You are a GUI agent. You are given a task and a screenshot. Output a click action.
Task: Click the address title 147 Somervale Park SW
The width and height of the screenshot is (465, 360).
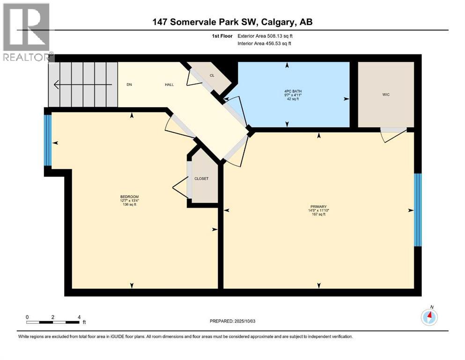[x=232, y=22]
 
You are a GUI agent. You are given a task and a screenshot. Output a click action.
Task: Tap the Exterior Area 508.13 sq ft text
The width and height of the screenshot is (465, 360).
[x=267, y=36]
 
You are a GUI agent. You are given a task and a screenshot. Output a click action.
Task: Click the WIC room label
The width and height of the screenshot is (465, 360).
[x=386, y=95]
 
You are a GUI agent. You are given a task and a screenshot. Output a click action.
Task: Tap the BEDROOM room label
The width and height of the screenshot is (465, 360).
[x=129, y=196]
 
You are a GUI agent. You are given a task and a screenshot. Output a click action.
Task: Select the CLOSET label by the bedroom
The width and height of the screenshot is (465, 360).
[x=202, y=179]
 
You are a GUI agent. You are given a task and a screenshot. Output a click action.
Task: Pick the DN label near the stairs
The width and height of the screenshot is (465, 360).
[x=130, y=85]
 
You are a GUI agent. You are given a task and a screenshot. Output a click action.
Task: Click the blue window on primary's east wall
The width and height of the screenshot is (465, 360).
[x=418, y=210]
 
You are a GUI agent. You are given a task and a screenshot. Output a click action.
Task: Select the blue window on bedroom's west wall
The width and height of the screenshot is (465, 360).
[x=47, y=140]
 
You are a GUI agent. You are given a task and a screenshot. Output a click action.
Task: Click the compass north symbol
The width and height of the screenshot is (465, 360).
[x=429, y=317]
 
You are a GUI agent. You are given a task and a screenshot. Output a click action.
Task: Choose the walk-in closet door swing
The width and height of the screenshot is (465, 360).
[x=392, y=135]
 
